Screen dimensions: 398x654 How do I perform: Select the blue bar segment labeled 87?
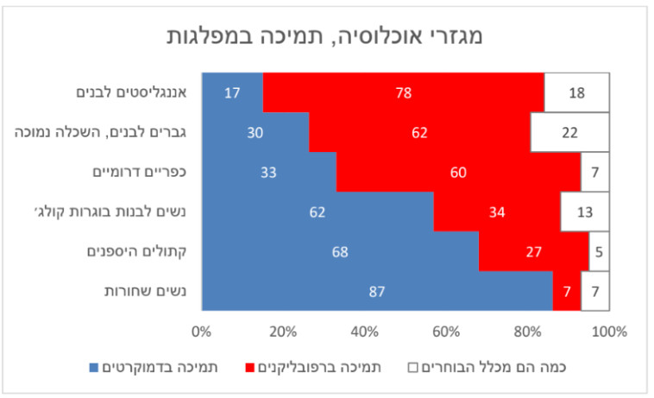pyautogui.click(x=376, y=292)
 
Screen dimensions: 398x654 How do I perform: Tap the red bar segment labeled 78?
pyautogui.click(x=403, y=92)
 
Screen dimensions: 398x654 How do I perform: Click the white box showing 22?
pyautogui.click(x=569, y=132)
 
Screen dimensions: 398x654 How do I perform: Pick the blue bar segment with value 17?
pyautogui.click(x=231, y=92)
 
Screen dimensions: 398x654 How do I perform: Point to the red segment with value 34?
pyautogui.click(x=497, y=212)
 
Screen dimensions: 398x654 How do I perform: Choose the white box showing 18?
pyautogui.click(x=576, y=92)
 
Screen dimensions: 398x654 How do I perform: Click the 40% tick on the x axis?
pyautogui.click(x=364, y=332)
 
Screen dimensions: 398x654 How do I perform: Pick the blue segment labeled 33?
pyautogui.click(x=268, y=172)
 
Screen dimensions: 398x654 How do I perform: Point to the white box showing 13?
pyautogui.click(x=584, y=212)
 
